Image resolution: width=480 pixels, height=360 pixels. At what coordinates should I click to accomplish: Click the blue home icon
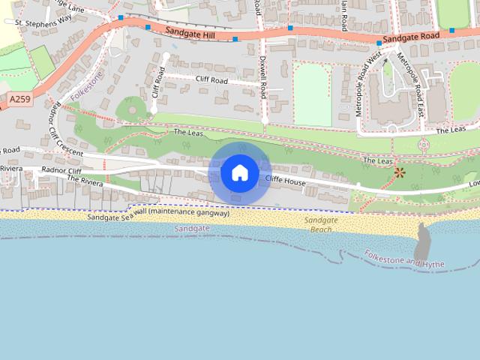coord(239,172)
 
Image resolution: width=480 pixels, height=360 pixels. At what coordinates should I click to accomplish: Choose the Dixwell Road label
coord(262,75)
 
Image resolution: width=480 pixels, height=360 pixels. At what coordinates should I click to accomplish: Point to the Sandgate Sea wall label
coord(157,214)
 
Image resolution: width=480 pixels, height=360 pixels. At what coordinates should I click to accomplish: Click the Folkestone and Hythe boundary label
coord(404,259)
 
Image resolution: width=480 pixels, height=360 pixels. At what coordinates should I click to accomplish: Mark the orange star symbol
coord(399,173)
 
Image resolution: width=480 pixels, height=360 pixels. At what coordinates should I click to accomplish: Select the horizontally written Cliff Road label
coord(212,79)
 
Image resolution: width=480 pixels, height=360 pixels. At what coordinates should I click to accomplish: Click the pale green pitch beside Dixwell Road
coord(312,94)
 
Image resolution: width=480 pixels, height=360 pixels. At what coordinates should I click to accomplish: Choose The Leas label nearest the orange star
coord(378,160)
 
